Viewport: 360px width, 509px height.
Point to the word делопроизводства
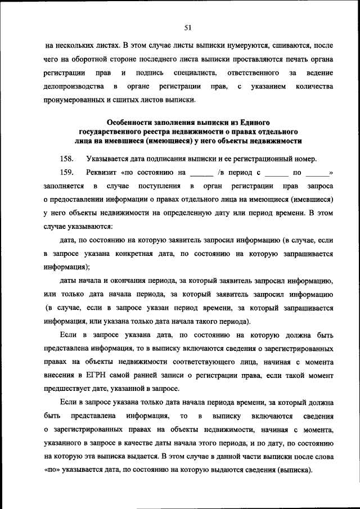[x=73, y=87]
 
